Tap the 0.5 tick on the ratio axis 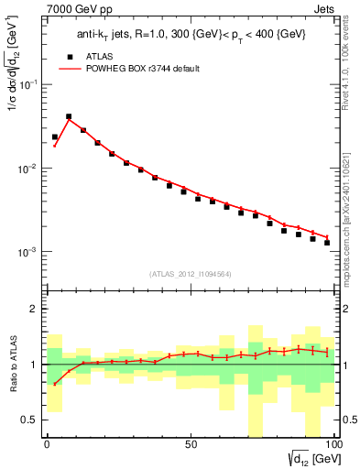[29, 420]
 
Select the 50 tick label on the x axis [191, 444]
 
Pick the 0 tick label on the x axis [47, 444]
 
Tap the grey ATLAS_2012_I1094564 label [191, 273]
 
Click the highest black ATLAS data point [69, 117]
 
